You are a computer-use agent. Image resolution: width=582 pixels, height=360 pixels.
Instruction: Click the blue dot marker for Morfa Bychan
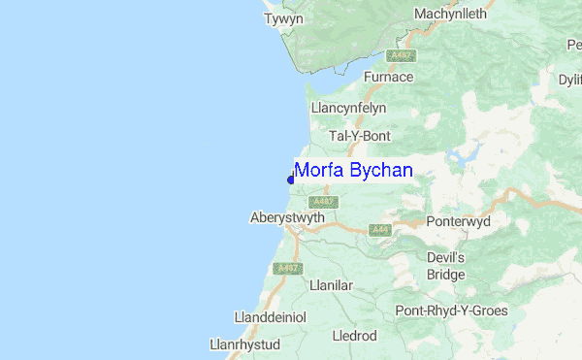tap(291, 179)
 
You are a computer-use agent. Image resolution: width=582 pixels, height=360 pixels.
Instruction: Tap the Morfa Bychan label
tap(353, 171)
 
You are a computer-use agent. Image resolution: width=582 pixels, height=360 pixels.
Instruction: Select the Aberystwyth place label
tap(286, 217)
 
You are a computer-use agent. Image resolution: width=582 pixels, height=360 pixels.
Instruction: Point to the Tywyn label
tap(284, 18)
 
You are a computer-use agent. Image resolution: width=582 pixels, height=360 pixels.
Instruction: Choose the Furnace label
tap(388, 77)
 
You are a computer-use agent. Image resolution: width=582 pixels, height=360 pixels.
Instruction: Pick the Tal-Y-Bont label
tap(358, 136)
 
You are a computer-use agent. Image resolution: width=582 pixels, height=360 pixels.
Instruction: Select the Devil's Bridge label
tap(447, 266)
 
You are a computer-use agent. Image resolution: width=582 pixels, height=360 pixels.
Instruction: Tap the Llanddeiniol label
tap(271, 317)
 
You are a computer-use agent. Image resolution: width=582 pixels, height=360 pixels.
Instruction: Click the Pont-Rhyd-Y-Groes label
tap(451, 311)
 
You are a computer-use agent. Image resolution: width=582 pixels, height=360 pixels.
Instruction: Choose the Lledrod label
tap(354, 336)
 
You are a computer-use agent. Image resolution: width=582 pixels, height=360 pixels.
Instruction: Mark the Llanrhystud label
tap(244, 344)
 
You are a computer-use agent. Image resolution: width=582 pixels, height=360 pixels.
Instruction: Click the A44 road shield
tap(378, 231)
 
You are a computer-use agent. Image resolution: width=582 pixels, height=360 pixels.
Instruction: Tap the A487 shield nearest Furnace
tap(395, 55)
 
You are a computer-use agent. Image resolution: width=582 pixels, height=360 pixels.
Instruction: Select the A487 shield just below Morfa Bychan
tap(323, 202)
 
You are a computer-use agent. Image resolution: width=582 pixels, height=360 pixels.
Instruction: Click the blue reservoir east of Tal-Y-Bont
tap(464, 153)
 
